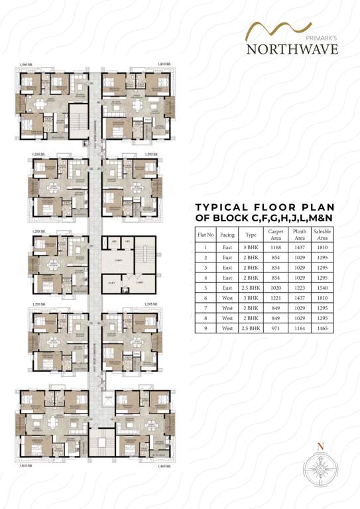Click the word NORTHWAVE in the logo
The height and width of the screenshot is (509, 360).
[292, 50]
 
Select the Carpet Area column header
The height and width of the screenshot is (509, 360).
[275, 235]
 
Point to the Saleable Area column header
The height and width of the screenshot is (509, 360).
[322, 235]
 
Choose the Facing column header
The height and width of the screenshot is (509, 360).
[227, 235]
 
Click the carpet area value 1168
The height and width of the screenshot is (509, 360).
[275, 247]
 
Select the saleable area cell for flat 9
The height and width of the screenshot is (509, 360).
[322, 328]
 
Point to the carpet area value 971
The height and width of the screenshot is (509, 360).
[275, 328]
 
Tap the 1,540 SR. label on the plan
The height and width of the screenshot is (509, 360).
[27, 64]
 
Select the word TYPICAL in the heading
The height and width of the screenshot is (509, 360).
[221, 207]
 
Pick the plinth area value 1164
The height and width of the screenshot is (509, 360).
[299, 328]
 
